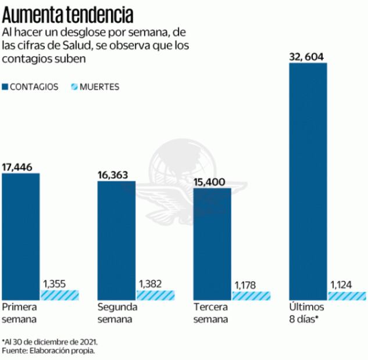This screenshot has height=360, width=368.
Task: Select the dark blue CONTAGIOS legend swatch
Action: (x=6, y=87)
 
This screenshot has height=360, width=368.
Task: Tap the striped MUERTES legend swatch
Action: (x=74, y=87)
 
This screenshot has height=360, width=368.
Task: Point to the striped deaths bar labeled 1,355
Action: (x=59, y=295)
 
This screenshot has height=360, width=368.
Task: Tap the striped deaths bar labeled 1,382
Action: (x=155, y=295)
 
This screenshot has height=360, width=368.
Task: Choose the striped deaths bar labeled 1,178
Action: (x=251, y=296)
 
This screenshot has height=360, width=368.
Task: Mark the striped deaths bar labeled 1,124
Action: (x=346, y=296)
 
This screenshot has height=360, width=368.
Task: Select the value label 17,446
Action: (x=17, y=167)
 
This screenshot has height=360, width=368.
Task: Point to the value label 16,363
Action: (x=113, y=175)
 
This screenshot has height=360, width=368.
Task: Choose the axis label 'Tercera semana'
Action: (x=211, y=313)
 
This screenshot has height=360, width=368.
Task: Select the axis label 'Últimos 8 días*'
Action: (x=305, y=313)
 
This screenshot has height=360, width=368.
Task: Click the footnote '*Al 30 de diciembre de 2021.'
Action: (x=49, y=341)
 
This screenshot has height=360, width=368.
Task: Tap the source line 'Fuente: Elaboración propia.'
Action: (x=48, y=351)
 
